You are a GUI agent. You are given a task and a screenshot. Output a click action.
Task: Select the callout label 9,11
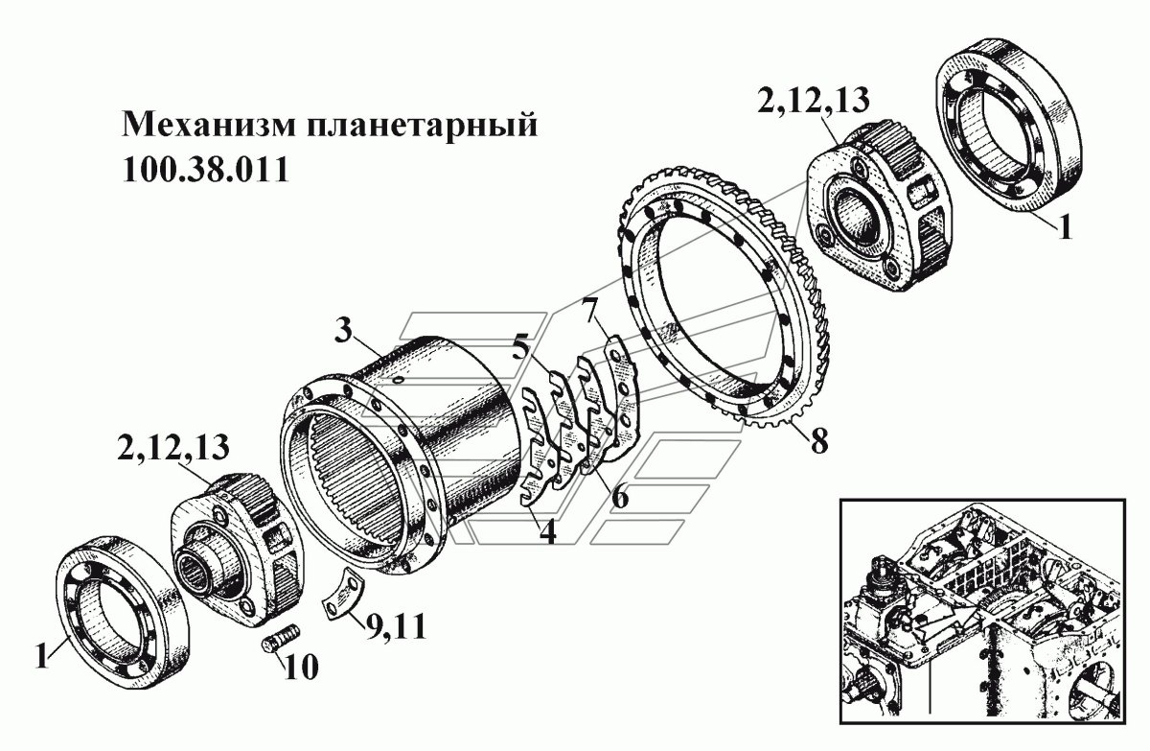tap(394, 629)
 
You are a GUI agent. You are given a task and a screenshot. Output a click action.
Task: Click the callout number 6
tap(620, 497)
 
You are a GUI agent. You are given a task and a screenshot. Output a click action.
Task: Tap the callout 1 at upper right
tap(1065, 229)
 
